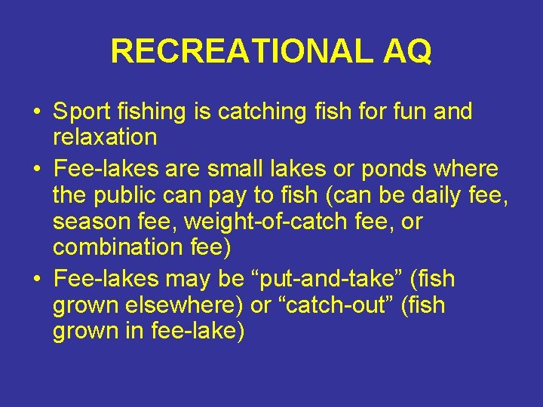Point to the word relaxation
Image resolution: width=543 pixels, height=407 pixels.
105,138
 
